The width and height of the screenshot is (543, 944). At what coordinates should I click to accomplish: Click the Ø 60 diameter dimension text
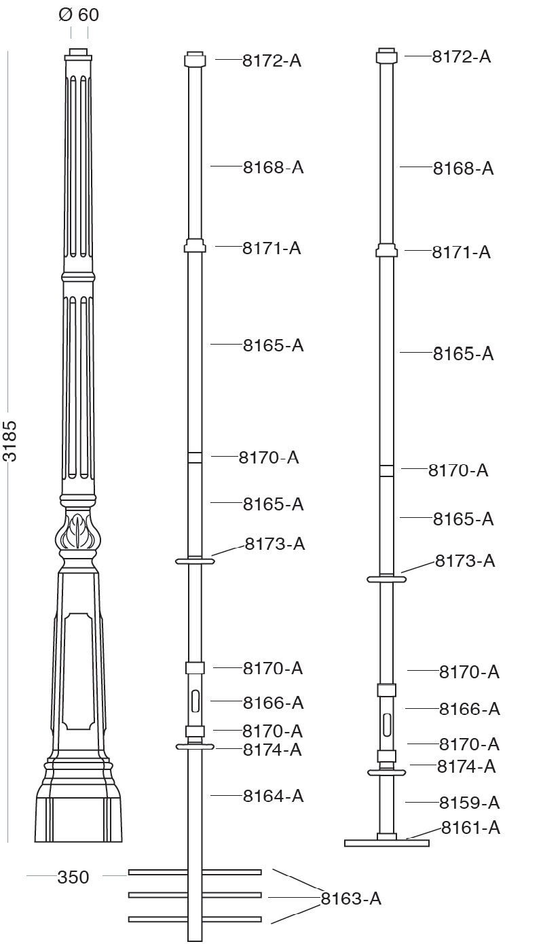click(79, 14)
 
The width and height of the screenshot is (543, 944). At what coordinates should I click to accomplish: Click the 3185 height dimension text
click(10, 441)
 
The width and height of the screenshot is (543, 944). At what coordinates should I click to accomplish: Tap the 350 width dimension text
click(73, 877)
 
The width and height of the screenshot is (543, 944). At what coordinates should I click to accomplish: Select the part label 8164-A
click(273, 796)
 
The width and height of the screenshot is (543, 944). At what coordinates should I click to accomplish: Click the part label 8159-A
click(469, 803)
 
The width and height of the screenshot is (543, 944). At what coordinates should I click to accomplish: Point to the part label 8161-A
click(470, 828)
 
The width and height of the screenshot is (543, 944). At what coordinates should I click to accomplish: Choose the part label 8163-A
click(351, 898)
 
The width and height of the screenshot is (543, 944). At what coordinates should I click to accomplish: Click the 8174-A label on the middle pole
click(272, 750)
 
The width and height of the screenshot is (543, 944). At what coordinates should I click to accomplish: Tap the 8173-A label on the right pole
click(465, 561)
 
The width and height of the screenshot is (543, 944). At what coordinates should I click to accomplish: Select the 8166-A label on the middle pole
click(273, 702)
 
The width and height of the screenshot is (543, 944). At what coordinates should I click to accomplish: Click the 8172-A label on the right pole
click(461, 56)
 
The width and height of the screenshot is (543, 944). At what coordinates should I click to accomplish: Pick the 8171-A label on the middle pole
click(271, 248)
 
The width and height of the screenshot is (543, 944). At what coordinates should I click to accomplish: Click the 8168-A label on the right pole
click(463, 169)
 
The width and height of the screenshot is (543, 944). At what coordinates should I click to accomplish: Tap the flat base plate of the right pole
click(387, 843)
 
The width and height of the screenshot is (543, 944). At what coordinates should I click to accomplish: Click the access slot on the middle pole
click(195, 700)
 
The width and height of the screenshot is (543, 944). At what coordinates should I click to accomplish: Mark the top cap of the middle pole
click(195, 60)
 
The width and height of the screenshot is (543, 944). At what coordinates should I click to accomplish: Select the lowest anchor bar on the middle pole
click(195, 920)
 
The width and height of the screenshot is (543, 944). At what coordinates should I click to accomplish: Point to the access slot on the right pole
click(387, 724)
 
